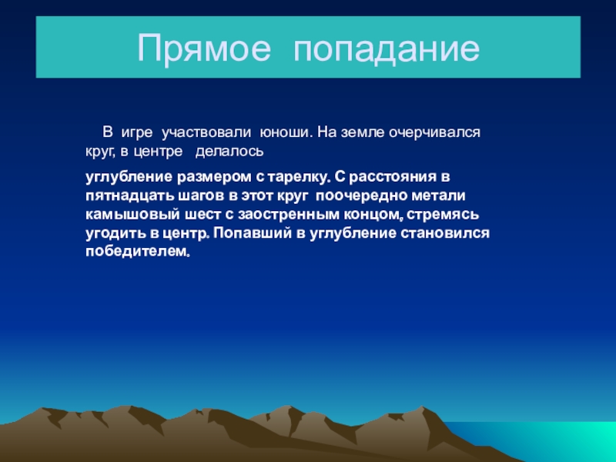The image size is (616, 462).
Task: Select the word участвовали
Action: tap(206, 132)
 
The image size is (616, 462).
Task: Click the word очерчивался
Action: tap(434, 132)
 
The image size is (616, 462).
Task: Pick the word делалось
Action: tap(229, 152)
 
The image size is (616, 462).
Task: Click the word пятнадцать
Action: tap(129, 196)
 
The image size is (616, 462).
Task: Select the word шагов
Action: tap(201, 196)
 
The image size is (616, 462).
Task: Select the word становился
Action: tap(445, 233)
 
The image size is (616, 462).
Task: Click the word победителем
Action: tap(138, 252)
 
